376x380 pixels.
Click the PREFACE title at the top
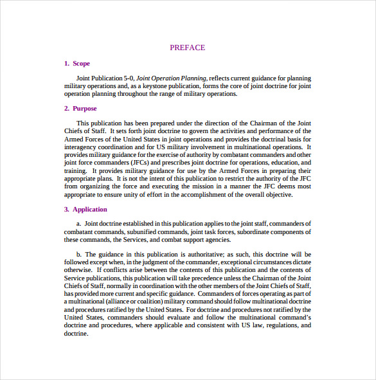coord(188,47)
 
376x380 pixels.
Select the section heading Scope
coord(81,63)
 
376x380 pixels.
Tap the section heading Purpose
coord(85,108)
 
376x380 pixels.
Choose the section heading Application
coord(89,209)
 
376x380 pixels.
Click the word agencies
coord(211,239)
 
